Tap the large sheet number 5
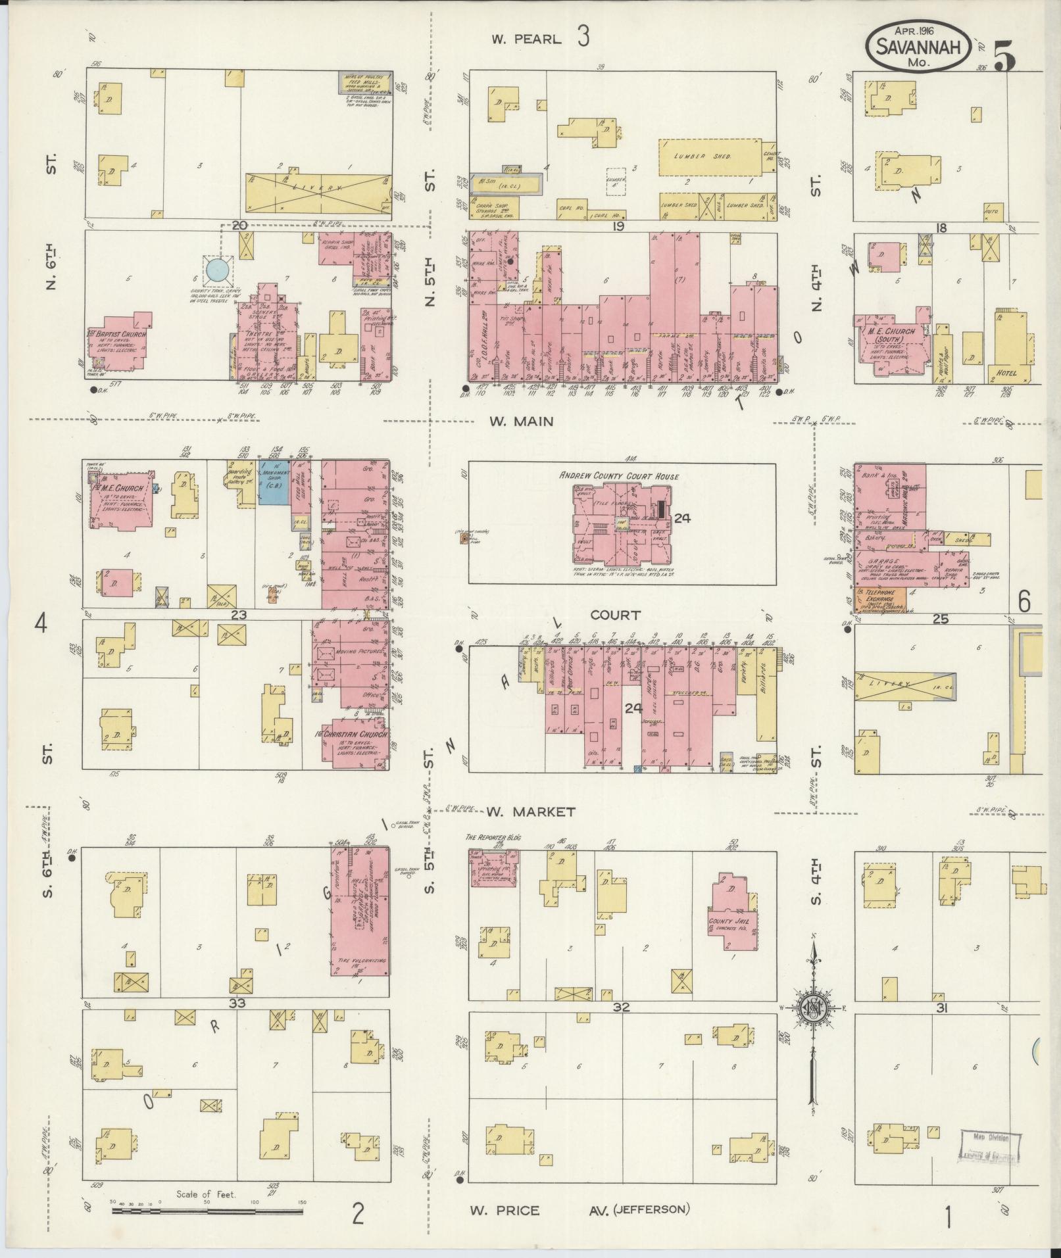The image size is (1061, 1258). [x=1005, y=55]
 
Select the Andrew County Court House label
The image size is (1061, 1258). [x=619, y=475]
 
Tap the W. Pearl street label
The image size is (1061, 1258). [x=526, y=39]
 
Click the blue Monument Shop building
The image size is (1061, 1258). [x=270, y=483]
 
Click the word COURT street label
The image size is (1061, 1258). [x=615, y=615]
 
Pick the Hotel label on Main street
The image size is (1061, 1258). [x=1006, y=373]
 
